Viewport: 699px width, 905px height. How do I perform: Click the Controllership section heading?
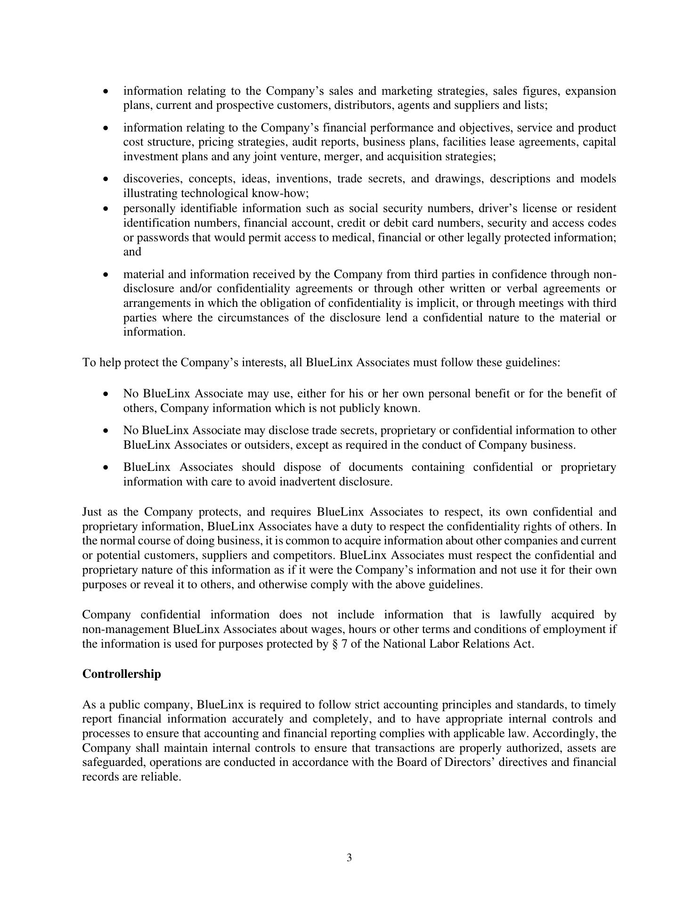coord(122,674)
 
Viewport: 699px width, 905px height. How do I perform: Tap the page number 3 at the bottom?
coord(349,857)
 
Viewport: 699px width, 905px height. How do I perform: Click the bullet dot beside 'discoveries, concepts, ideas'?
coord(106,180)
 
